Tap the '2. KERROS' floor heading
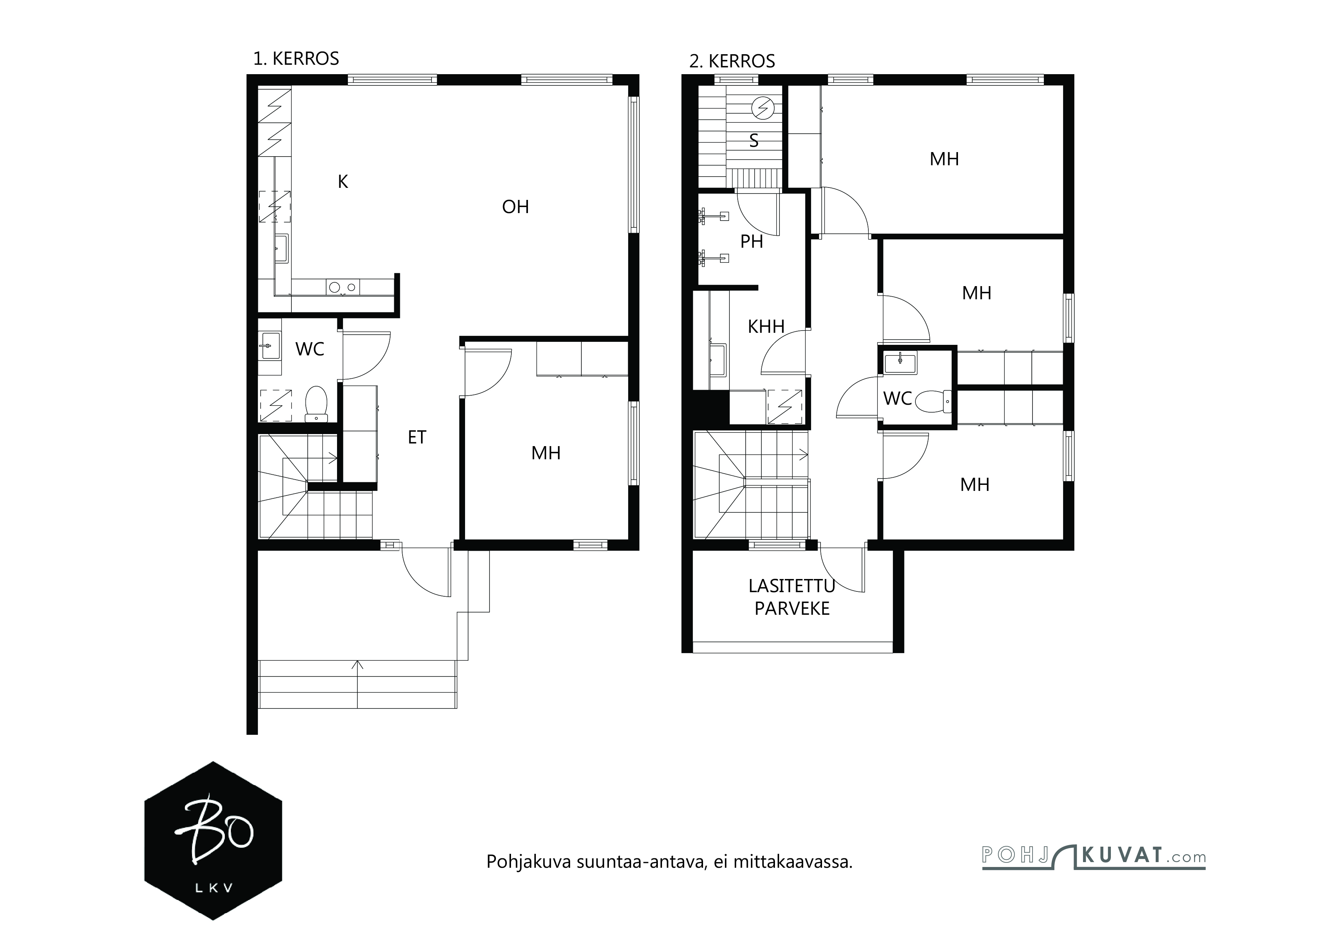coord(732,61)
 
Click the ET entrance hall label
coord(417,437)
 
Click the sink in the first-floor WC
coord(270,346)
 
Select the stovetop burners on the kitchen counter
coord(343,287)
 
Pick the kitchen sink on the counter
coord(281,248)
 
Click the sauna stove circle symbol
coord(763,108)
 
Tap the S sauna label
coord(754,141)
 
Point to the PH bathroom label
coord(751,242)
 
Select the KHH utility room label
coord(766,327)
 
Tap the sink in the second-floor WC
coord(900,363)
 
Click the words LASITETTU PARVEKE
coord(792,597)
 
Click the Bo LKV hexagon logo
coord(213,841)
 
